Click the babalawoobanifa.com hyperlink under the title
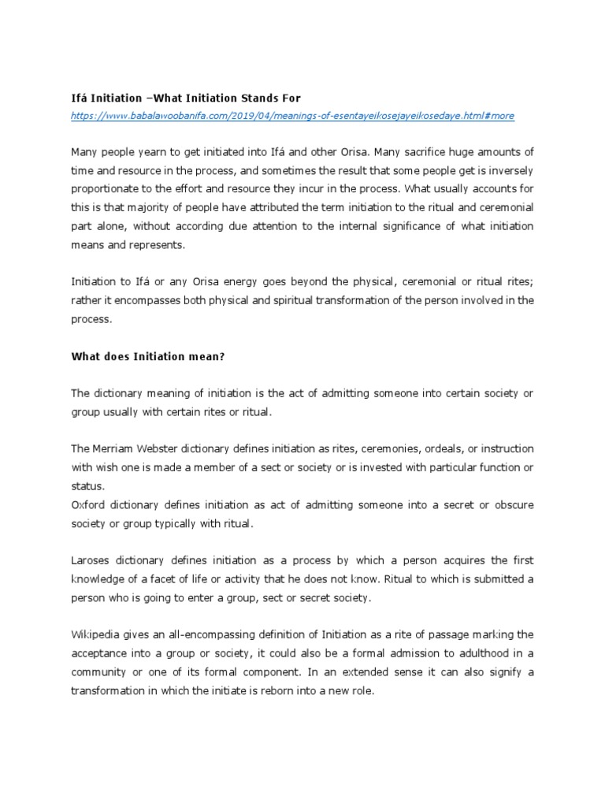pyautogui.click(x=292, y=116)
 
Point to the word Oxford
pyautogui.click(x=88, y=504)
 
